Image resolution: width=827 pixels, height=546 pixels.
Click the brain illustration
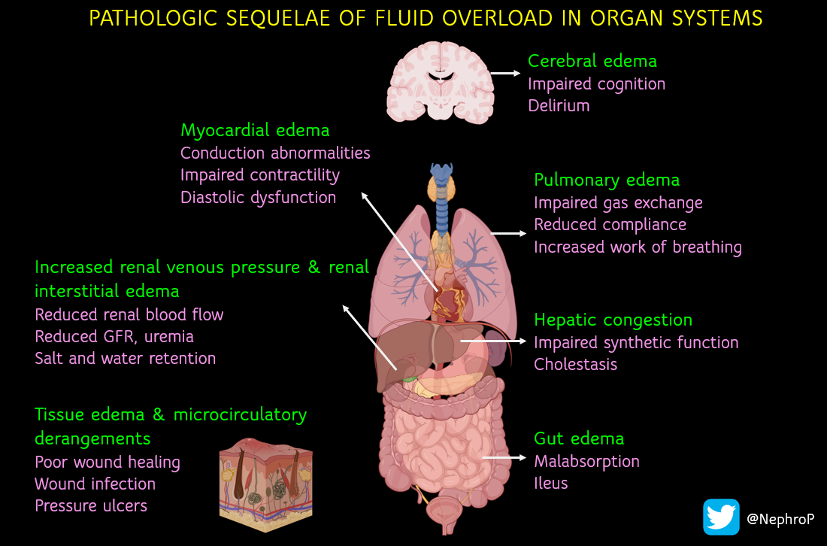pos(440,82)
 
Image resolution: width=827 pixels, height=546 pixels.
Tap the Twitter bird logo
pos(721,517)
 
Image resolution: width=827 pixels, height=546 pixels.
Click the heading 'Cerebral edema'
pos(592,61)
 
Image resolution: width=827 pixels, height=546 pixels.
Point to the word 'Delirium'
pos(559,105)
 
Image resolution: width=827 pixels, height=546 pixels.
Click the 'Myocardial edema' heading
pos(255,130)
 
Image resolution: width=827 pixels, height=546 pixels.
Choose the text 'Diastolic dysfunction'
pos(258,197)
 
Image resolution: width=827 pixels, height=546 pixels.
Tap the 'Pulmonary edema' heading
pos(607,180)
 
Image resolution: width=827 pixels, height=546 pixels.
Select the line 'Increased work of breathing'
pos(638,247)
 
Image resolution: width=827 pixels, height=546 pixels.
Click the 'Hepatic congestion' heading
pos(613,320)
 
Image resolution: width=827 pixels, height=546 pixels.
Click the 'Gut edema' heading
pos(579,438)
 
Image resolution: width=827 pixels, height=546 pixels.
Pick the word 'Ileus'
pos(551,483)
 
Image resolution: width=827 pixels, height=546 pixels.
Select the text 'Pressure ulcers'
pos(91,505)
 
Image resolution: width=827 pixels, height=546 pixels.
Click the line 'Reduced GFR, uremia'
pos(114,336)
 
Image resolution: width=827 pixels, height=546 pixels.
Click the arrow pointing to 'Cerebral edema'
pos(505,73)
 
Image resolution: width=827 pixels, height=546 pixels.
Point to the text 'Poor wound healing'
pos(108,461)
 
